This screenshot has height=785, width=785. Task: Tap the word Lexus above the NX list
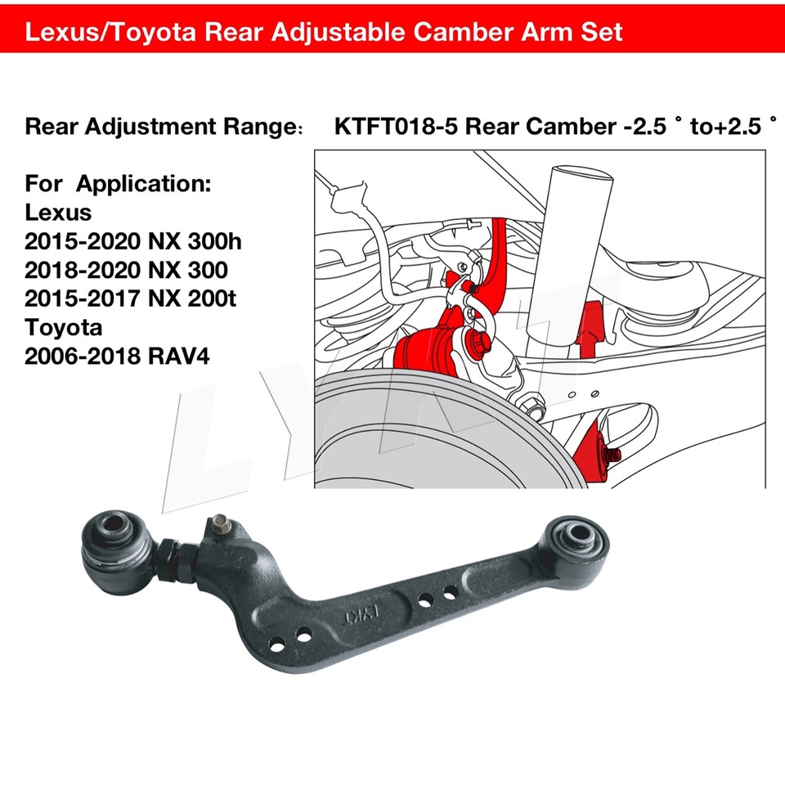click(x=59, y=212)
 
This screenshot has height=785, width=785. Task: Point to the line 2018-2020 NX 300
click(x=127, y=270)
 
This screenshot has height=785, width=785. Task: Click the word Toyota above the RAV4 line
click(x=65, y=328)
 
